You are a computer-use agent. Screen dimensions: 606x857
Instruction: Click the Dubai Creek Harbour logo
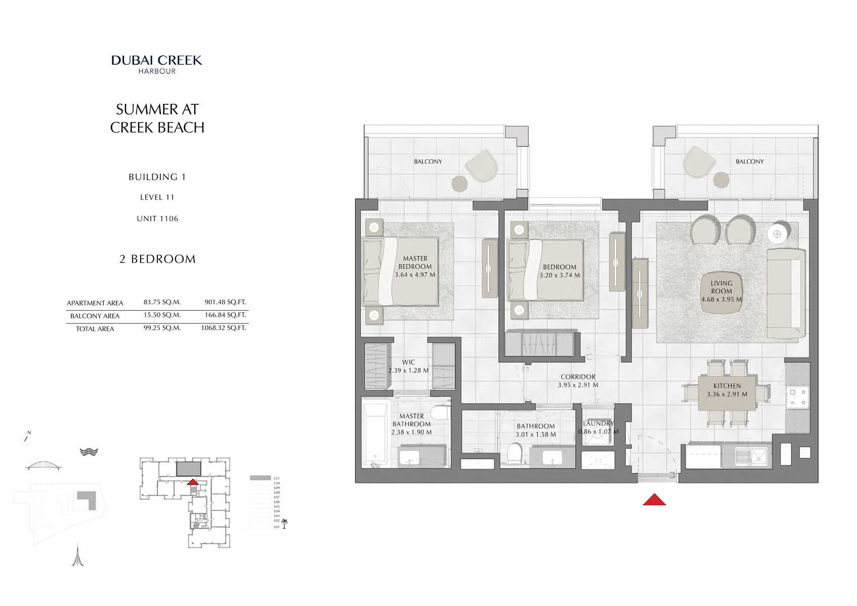coord(157,64)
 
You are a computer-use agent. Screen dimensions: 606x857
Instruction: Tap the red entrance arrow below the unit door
coord(654,500)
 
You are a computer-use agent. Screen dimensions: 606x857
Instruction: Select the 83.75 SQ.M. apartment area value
coord(162,302)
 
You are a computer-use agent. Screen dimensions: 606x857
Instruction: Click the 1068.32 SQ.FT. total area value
coord(223,328)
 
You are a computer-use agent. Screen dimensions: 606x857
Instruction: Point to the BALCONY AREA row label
coord(95,316)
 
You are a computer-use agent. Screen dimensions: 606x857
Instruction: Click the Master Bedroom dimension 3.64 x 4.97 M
coord(415,275)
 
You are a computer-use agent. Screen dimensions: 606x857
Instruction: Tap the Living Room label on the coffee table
coord(721,288)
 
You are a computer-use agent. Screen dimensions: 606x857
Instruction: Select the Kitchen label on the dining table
coord(727,386)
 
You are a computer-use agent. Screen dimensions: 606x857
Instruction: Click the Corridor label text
coord(578,377)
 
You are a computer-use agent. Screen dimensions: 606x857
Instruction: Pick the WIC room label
coord(408,362)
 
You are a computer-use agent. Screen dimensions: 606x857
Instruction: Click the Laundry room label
coord(598,423)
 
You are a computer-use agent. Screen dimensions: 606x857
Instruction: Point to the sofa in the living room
coord(786,293)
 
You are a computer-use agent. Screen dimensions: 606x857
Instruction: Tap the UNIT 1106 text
coord(157,219)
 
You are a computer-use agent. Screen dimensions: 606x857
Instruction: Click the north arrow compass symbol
coord(27,436)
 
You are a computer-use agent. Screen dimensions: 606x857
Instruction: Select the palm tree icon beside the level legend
coord(284,523)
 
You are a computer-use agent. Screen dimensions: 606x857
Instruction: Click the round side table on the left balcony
coord(460,184)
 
